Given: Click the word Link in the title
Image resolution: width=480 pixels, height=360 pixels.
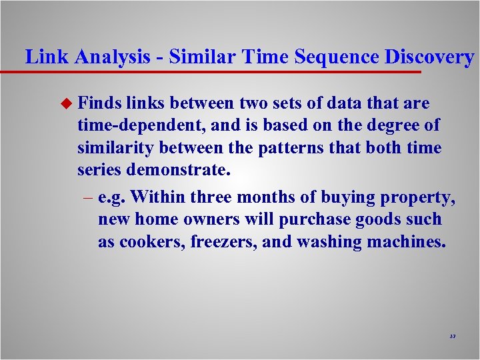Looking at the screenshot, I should [47, 57].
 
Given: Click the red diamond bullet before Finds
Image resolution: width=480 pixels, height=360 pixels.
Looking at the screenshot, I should [65, 104].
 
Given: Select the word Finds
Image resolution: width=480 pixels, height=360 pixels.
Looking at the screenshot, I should [98, 103].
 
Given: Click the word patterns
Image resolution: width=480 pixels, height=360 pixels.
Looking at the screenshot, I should [289, 147].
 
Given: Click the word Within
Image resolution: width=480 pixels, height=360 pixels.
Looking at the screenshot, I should [159, 197].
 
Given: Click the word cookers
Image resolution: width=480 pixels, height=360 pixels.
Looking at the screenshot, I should [151, 241].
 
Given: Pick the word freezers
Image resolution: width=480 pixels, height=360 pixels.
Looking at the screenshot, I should [223, 241].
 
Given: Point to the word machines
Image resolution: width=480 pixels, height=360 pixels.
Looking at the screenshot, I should [406, 241].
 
